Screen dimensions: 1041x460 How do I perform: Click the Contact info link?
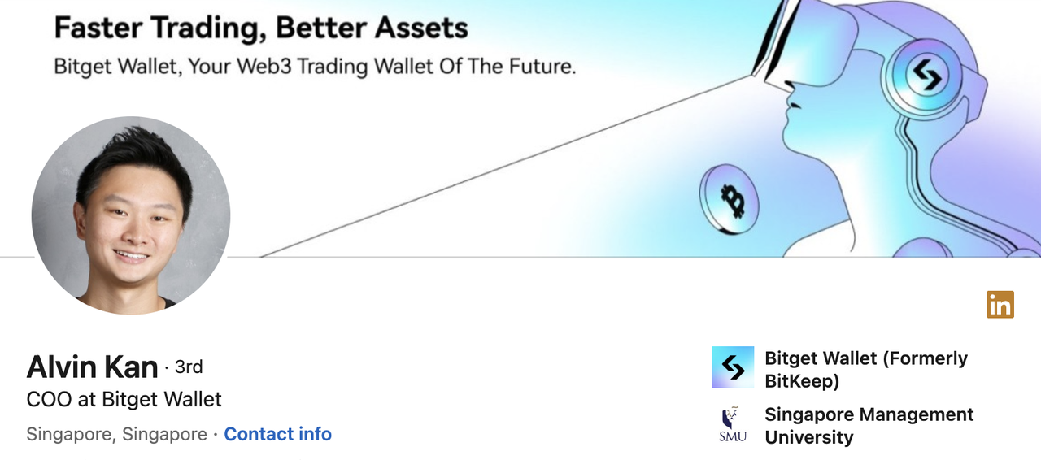[x=278, y=434]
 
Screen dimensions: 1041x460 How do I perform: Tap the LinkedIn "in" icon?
[x=1000, y=305]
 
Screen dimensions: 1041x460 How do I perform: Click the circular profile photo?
[x=131, y=215]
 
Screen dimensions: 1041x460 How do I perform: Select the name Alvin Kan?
[x=93, y=367]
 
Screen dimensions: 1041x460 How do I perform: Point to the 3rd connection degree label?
[x=189, y=367]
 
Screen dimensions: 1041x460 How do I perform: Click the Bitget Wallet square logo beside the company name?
[x=733, y=367]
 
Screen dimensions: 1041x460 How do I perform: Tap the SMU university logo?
[x=733, y=425]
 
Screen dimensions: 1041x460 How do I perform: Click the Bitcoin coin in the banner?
[x=730, y=199]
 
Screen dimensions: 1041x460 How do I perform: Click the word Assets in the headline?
[x=421, y=28]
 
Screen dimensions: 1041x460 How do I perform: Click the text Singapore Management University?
[x=869, y=426]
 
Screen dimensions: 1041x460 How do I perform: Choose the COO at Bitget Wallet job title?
[x=124, y=400]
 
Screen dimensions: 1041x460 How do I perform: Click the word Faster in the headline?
[x=98, y=28]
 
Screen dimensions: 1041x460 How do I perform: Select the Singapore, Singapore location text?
[x=116, y=435]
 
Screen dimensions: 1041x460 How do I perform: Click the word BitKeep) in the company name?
[x=802, y=381]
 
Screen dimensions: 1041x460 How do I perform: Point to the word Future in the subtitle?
[x=542, y=67]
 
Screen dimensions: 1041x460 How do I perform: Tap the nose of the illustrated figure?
[x=790, y=96]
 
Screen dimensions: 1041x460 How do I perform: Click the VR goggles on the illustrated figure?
[x=804, y=44]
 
